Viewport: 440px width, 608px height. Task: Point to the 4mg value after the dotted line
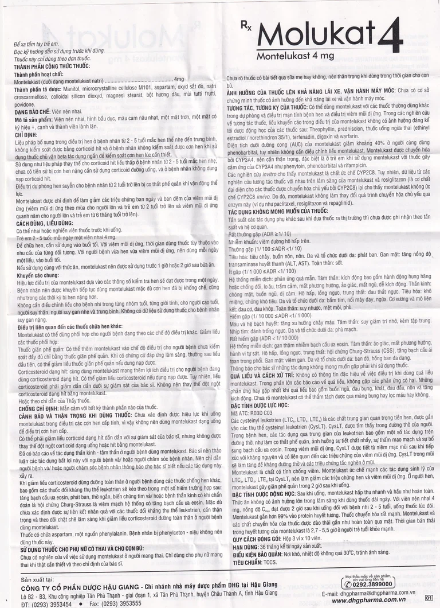click(179, 79)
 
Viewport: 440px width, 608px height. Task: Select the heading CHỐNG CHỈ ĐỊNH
click(39, 407)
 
